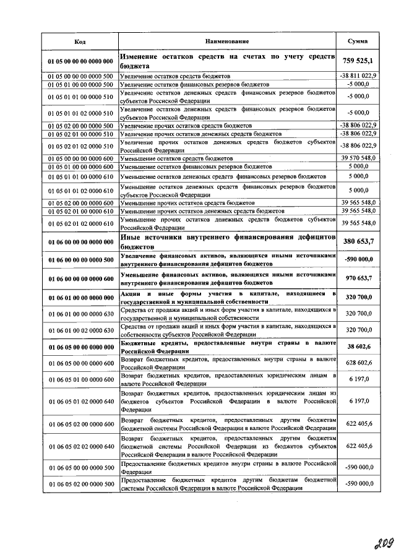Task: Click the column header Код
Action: [80, 41]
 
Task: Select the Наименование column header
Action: [227, 41]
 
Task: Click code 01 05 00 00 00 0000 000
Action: [80, 61]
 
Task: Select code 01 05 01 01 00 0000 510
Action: [80, 97]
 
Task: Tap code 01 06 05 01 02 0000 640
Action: [80, 401]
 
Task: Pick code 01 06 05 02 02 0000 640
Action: [80, 446]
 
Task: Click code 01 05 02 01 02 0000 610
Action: [80, 223]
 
